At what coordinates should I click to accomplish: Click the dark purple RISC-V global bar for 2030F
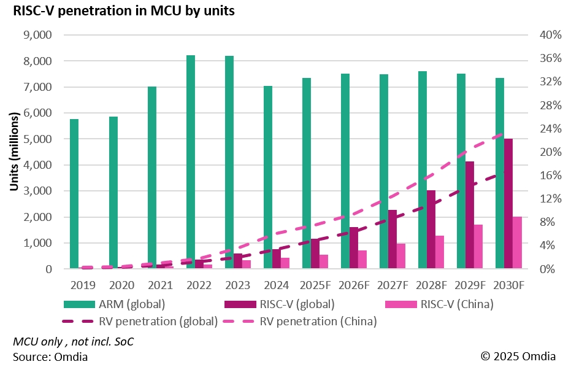[508, 204]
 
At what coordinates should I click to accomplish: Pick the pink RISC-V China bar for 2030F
[517, 242]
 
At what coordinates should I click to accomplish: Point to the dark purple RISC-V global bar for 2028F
[431, 230]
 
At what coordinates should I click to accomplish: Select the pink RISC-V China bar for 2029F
[478, 247]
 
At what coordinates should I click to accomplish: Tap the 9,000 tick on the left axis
[37, 35]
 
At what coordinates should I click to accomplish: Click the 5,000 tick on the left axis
[37, 139]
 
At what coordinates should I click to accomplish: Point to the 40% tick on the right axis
[550, 35]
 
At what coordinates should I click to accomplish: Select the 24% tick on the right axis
[550, 129]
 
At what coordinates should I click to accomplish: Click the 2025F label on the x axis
[315, 285]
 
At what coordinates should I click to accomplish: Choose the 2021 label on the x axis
[160, 285]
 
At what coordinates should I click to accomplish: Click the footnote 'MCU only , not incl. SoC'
[73, 342]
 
